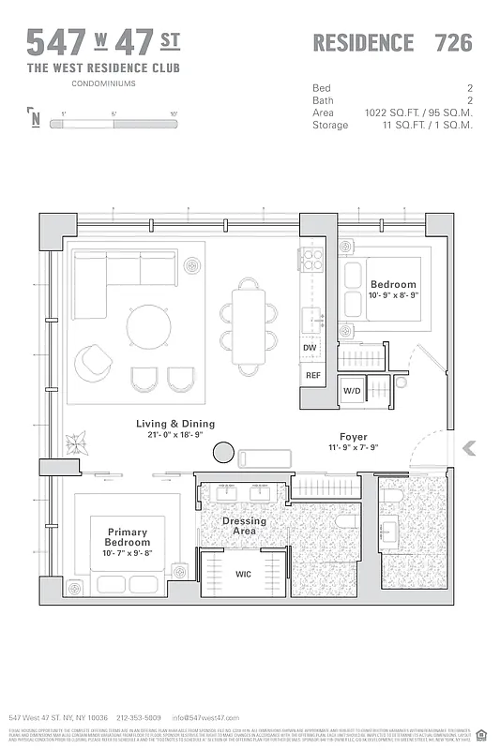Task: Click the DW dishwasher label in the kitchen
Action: [x=311, y=348]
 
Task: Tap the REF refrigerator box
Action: [x=312, y=375]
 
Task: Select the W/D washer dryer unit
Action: [x=353, y=390]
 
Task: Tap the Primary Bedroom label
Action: [x=128, y=536]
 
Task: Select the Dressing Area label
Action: [x=244, y=526]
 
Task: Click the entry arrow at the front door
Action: [x=470, y=449]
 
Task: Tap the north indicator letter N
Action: [x=36, y=119]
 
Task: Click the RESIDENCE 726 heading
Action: [x=391, y=42]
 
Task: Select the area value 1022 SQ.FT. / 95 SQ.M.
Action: [x=418, y=112]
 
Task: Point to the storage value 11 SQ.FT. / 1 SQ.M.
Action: [x=418, y=125]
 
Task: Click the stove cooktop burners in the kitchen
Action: [x=312, y=259]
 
